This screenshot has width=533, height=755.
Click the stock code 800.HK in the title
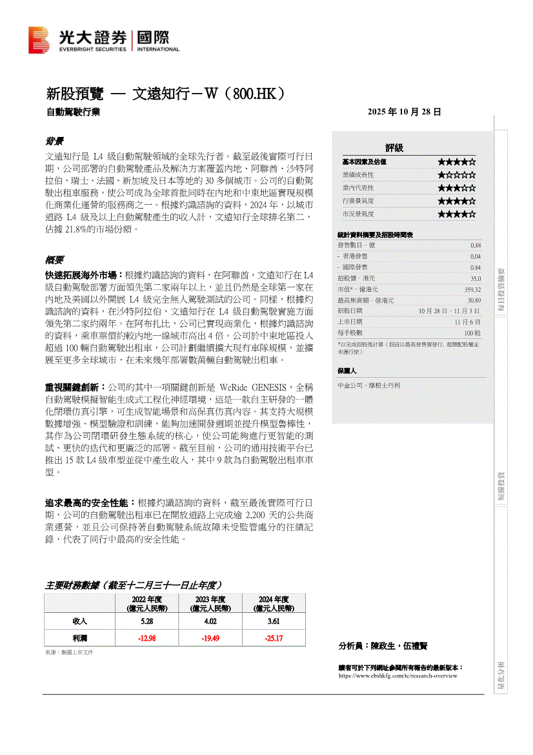click(x=251, y=94)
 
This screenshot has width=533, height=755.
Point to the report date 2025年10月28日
click(x=405, y=112)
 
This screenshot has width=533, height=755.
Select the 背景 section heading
click(x=54, y=141)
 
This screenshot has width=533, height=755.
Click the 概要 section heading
click(x=54, y=260)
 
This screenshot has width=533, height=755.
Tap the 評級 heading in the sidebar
click(x=394, y=148)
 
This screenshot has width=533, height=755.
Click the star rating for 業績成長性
click(x=456, y=175)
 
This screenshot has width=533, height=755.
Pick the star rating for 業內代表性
click(x=456, y=188)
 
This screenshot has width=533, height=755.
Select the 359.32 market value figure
click(x=472, y=289)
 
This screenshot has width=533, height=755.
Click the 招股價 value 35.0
click(x=475, y=278)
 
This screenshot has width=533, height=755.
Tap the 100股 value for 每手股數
click(x=472, y=333)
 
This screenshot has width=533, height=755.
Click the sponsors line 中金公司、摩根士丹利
click(x=369, y=385)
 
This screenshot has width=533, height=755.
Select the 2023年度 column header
click(x=210, y=603)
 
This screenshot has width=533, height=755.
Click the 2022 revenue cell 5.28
click(x=146, y=621)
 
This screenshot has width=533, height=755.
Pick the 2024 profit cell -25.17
click(x=273, y=638)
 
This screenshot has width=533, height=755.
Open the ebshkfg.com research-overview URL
click(x=397, y=676)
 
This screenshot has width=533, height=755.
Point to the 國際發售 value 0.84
click(x=475, y=267)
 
